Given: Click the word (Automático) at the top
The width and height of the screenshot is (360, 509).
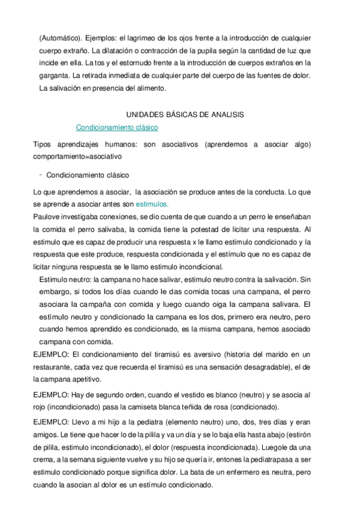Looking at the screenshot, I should (59, 38).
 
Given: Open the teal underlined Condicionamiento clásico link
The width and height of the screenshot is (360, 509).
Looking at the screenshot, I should (117, 127).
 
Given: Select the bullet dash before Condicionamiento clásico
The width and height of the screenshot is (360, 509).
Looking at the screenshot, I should (40, 175).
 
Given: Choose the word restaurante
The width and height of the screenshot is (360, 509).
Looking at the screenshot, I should (56, 367).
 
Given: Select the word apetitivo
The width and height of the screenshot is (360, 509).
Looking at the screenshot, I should (89, 380).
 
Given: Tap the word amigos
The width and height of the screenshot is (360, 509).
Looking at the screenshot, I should (49, 435).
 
